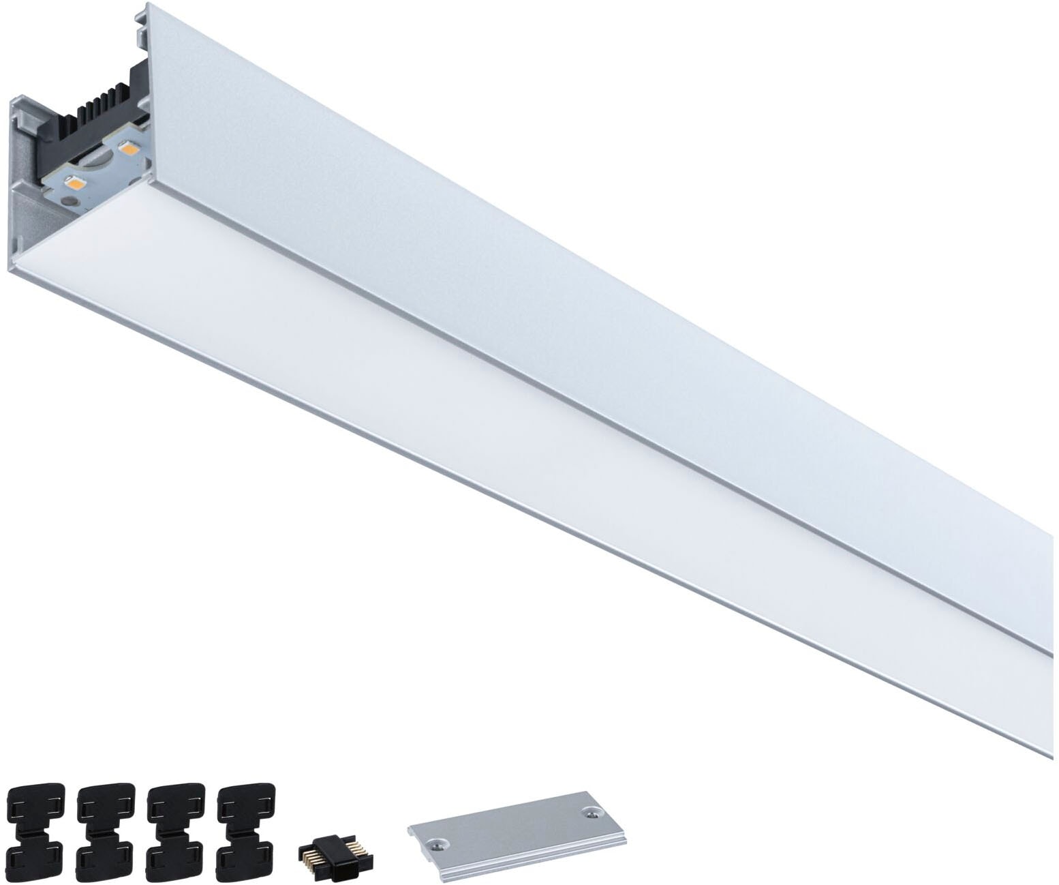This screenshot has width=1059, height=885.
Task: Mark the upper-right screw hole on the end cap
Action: [589, 813]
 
